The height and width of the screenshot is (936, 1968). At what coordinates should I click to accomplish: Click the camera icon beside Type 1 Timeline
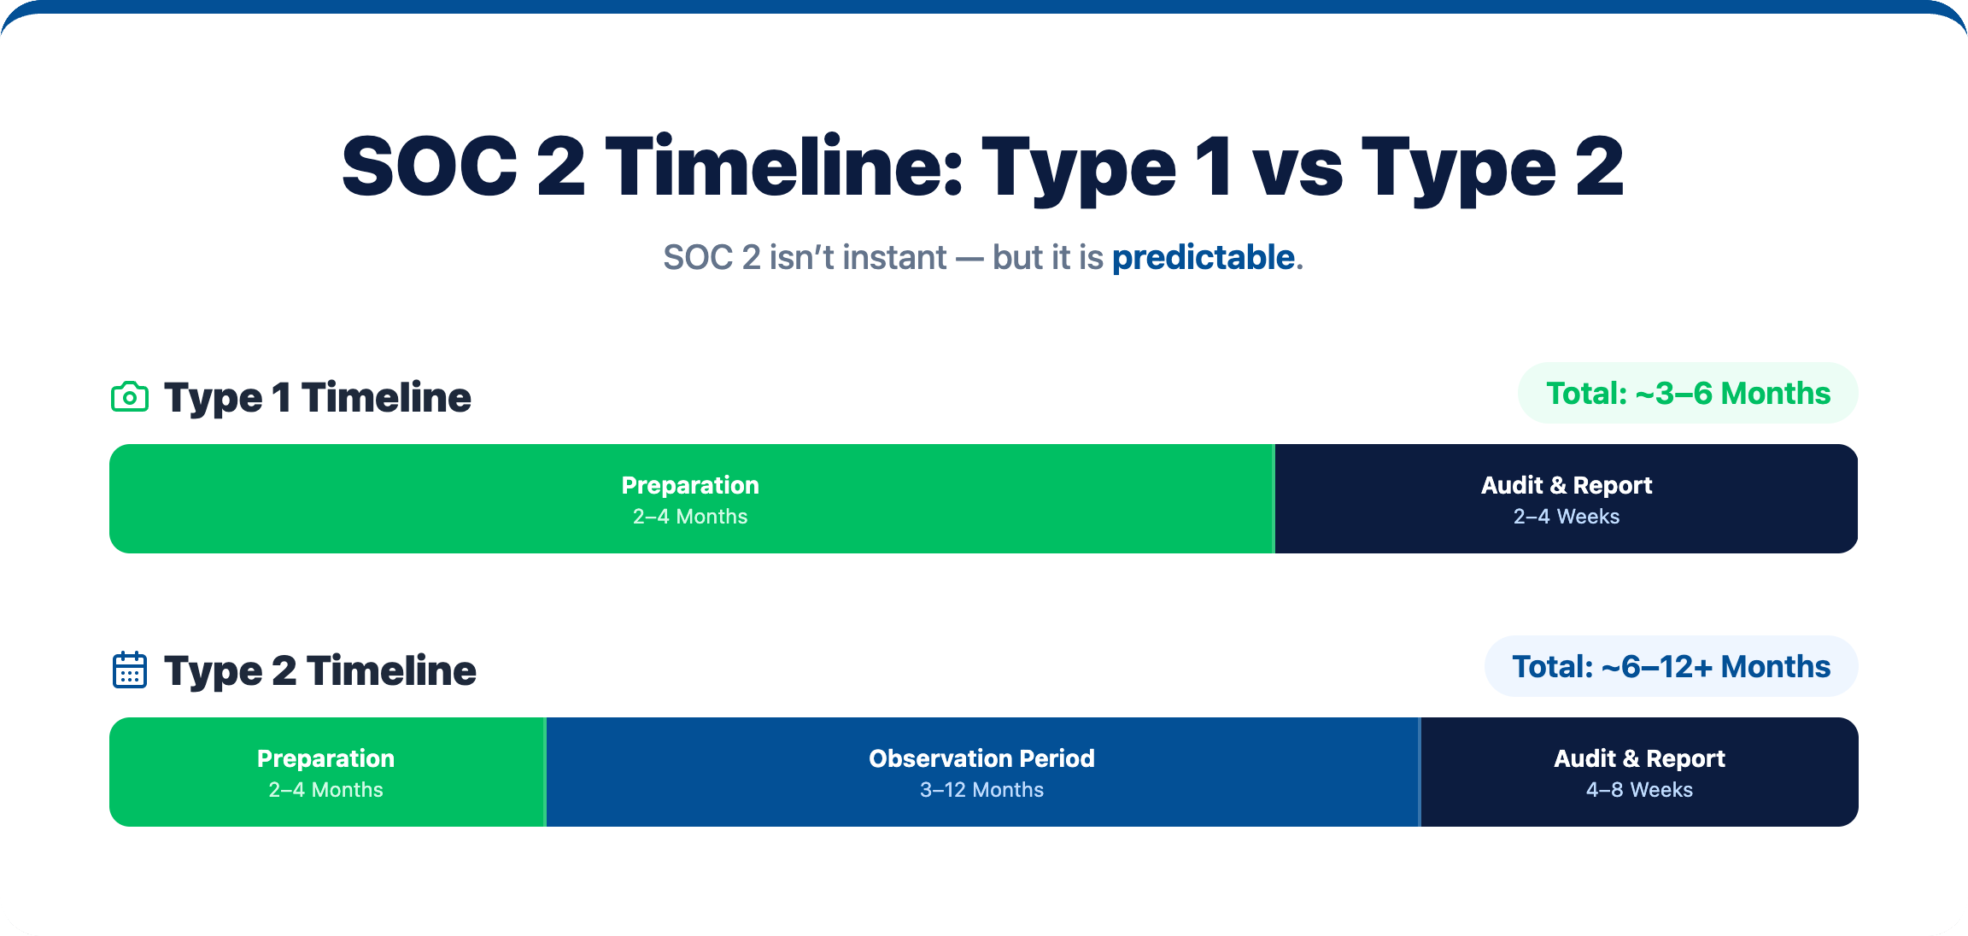pyautogui.click(x=130, y=397)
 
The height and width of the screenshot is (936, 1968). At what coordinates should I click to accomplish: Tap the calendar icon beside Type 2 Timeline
pyautogui.click(x=130, y=670)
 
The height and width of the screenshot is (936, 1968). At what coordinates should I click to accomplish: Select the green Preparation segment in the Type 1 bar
pyautogui.click(x=691, y=499)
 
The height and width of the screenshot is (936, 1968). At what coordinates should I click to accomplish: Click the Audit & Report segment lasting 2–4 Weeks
pyautogui.click(x=1567, y=499)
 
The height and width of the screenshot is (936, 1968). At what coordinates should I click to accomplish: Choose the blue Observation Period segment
pyautogui.click(x=982, y=772)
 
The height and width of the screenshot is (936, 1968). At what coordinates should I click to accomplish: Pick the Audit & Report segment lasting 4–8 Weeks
pyautogui.click(x=1639, y=772)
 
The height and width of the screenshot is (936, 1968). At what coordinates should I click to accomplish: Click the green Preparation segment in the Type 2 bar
pyautogui.click(x=326, y=772)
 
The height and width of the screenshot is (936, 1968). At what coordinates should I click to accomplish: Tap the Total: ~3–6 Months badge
pyautogui.click(x=1688, y=393)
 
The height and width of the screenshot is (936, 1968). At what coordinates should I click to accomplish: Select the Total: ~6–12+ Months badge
pyautogui.click(x=1672, y=666)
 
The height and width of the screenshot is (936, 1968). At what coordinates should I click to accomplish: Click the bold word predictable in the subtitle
pyautogui.click(x=1203, y=258)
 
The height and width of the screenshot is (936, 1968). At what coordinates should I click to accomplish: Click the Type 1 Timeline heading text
pyautogui.click(x=317, y=398)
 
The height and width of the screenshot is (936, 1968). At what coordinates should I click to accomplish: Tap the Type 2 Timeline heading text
pyautogui.click(x=319, y=671)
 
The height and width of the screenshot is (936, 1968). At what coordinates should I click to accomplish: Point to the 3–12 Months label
pyautogui.click(x=982, y=790)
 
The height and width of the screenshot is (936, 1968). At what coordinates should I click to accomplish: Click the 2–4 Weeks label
pyautogui.click(x=1567, y=517)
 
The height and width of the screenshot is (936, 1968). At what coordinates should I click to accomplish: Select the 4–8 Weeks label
pyautogui.click(x=1639, y=790)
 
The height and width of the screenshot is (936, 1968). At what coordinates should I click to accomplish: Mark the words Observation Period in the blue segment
pyautogui.click(x=982, y=758)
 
